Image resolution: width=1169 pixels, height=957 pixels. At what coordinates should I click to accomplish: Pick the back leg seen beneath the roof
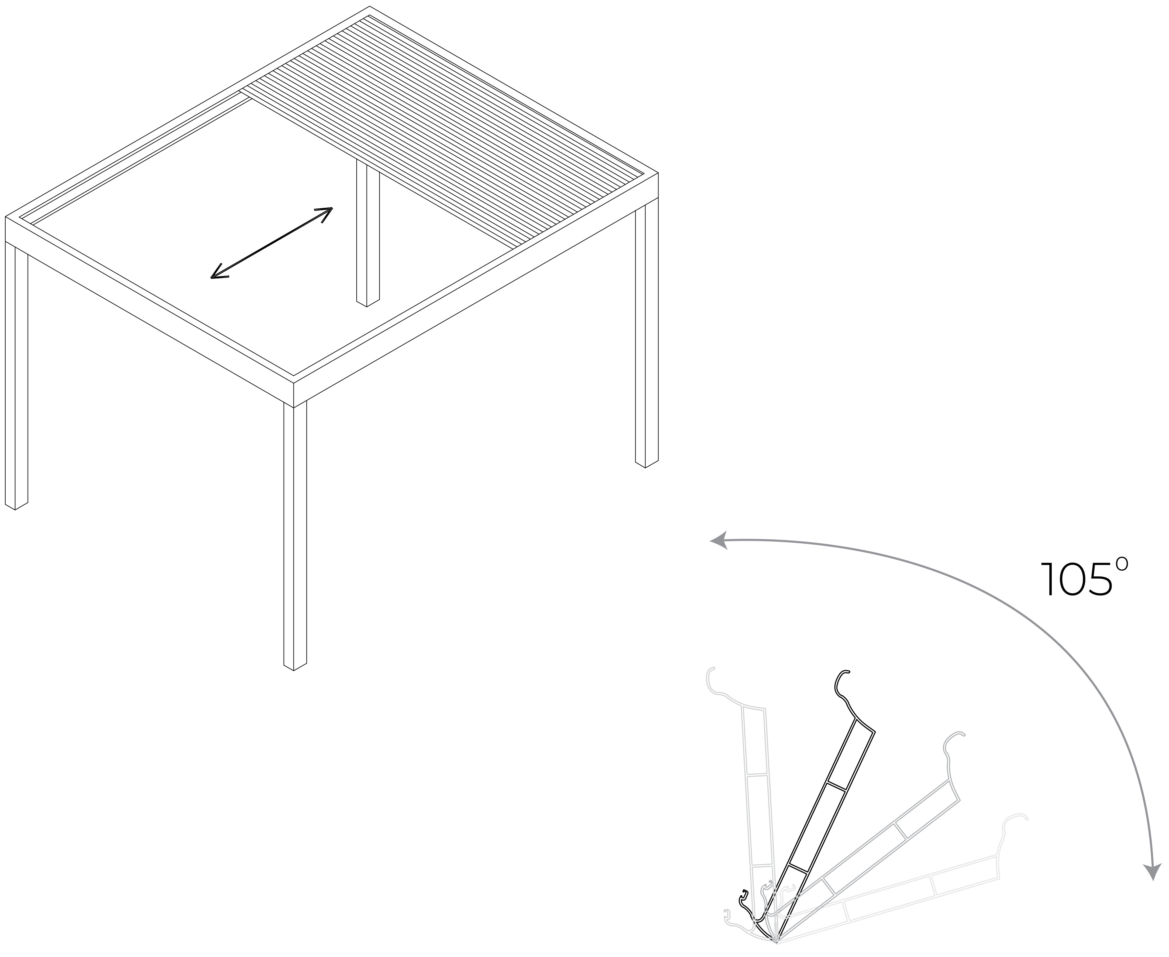[x=368, y=232]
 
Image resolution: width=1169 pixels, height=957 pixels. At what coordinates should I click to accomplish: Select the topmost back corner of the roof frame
[x=369, y=7]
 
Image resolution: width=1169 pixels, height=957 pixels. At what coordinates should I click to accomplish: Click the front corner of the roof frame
[x=293, y=381]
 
